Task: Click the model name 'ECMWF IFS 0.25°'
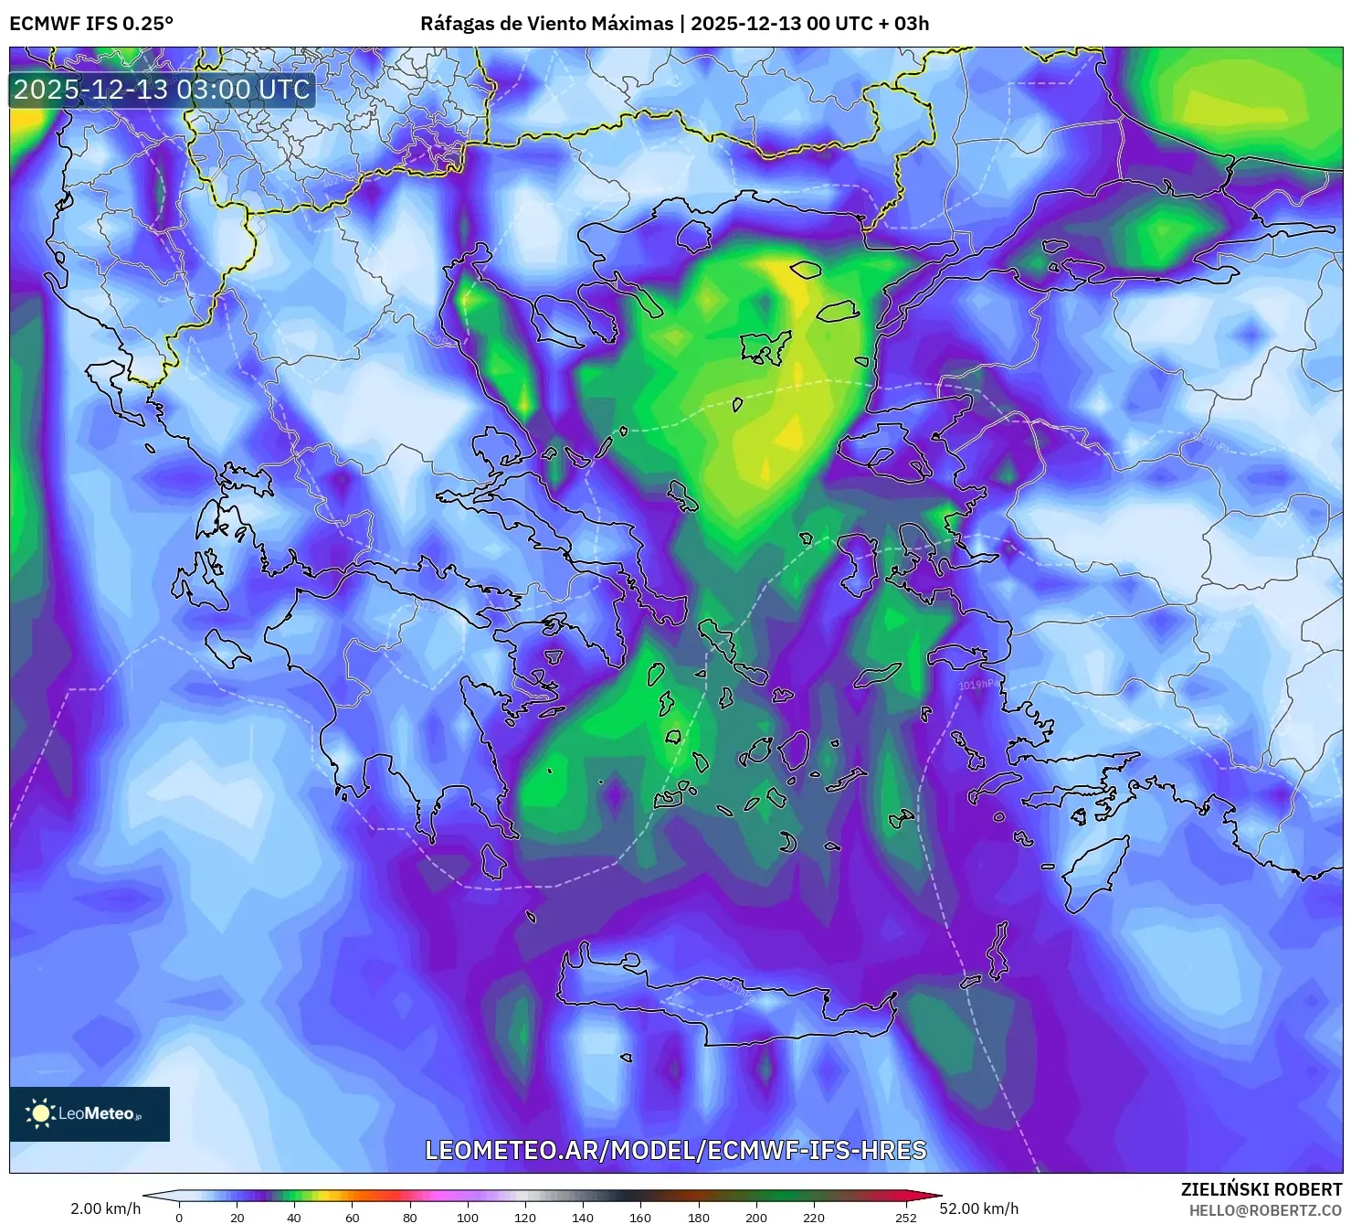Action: [91, 24]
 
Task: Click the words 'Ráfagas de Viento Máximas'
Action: [546, 24]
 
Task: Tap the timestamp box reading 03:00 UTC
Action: [162, 90]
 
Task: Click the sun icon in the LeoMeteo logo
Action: [40, 1113]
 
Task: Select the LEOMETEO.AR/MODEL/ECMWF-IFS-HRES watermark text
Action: [675, 1150]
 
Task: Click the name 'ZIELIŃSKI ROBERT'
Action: [1261, 1189]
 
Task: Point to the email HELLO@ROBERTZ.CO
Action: [1265, 1210]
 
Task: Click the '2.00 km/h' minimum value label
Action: [105, 1208]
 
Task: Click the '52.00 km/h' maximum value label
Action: [978, 1208]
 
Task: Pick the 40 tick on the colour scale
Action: [294, 1217]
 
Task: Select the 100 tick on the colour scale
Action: [468, 1217]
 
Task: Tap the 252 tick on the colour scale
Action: [905, 1217]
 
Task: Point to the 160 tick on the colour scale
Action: [640, 1217]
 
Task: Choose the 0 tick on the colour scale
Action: [179, 1217]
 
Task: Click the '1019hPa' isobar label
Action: [978, 685]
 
